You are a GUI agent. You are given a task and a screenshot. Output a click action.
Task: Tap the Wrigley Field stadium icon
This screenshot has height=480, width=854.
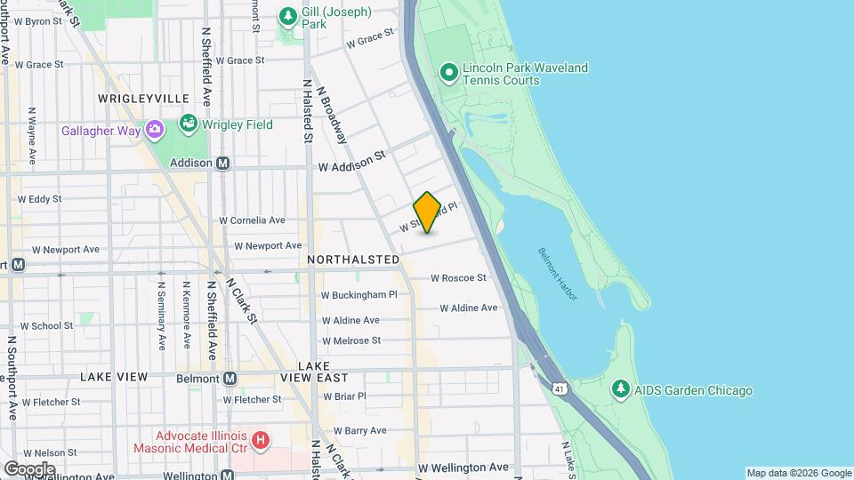pyautogui.click(x=188, y=123)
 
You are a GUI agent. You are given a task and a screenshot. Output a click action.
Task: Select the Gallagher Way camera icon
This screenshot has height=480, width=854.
pyautogui.click(x=156, y=131)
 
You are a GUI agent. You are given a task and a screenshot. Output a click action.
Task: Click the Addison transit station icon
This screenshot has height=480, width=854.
pyautogui.click(x=222, y=163)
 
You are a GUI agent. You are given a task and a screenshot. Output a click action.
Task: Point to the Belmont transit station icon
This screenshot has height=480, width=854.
pyautogui.click(x=230, y=379)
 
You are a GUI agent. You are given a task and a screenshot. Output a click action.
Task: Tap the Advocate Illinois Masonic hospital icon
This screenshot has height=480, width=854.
pyautogui.click(x=260, y=439)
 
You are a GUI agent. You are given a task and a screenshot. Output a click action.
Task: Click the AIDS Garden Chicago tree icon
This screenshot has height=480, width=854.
pyautogui.click(x=620, y=389)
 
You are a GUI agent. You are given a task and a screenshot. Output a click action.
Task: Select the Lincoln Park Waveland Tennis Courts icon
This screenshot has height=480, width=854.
pyautogui.click(x=449, y=71)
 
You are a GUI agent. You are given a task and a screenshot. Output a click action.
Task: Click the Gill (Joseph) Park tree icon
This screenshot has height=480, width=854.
pyautogui.click(x=287, y=16)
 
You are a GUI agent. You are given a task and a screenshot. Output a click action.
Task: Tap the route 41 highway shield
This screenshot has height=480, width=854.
pyautogui.click(x=559, y=388)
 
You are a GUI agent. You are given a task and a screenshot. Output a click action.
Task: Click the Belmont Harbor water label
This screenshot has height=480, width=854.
pyautogui.click(x=558, y=273)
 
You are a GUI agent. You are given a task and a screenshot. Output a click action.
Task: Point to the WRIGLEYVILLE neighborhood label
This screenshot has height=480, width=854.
pyautogui.click(x=143, y=98)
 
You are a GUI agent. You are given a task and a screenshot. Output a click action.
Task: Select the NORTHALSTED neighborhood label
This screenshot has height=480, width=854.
pyautogui.click(x=353, y=259)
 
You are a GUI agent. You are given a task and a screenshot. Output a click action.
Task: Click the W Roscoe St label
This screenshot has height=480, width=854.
pyautogui.click(x=458, y=277)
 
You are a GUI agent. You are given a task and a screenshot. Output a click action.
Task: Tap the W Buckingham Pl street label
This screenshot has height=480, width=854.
pyautogui.click(x=359, y=294)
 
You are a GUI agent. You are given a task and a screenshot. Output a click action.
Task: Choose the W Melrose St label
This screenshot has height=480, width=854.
pyautogui.click(x=350, y=340)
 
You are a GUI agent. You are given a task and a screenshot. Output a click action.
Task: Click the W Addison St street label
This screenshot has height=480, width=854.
pyautogui.click(x=351, y=161)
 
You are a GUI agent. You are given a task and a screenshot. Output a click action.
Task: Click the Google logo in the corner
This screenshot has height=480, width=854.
pyautogui.click(x=28, y=468)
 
